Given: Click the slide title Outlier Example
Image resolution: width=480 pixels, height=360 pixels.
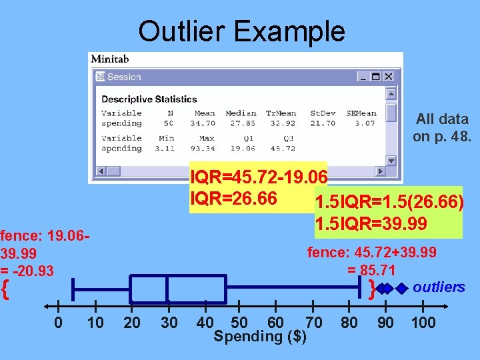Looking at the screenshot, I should pos(241,31).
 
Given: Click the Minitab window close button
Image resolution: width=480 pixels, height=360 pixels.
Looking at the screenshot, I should pos(389,77).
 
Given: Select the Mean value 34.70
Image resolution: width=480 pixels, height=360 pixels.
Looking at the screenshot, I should pos(202,123).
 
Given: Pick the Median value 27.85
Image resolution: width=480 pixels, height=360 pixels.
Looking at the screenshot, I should pos(241,123).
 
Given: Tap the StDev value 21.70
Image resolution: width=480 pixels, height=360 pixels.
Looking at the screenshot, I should pos(323,123).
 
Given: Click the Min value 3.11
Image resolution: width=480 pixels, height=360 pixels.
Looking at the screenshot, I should pos(164,148).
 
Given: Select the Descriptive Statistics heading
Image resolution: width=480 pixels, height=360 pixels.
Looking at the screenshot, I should pos(149,99).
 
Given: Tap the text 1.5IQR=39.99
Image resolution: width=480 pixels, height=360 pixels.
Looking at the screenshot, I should pos(371,223).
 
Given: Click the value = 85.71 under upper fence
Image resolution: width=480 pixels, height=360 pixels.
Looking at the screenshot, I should pos(371,271).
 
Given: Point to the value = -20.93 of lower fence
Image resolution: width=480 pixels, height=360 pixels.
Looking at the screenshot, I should pos(27,271).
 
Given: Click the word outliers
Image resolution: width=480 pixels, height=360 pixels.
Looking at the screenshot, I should pos(439,287).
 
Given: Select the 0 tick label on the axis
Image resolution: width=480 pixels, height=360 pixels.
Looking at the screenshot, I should pos(59,323).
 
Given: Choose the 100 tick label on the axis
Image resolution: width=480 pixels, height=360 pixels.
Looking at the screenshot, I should pos(423,323).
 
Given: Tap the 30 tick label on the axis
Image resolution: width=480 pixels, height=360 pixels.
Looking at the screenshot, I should pos(169,323).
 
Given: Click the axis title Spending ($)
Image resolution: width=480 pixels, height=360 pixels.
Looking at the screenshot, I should pos(260,337).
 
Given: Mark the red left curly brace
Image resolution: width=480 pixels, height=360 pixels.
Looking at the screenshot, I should pos(5,289).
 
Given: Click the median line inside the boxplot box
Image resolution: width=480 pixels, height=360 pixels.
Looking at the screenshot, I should pos(167,289).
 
